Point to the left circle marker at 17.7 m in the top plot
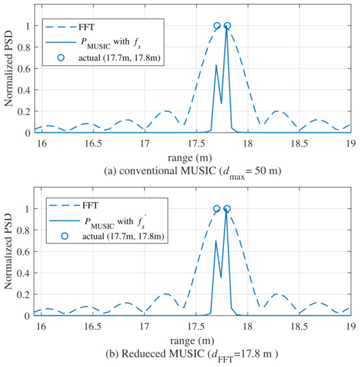(216, 26)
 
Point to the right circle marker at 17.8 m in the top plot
(227, 26)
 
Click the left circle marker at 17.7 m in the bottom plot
(216, 209)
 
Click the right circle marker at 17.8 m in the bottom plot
(227, 209)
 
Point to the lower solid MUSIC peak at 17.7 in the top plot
(216, 65)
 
